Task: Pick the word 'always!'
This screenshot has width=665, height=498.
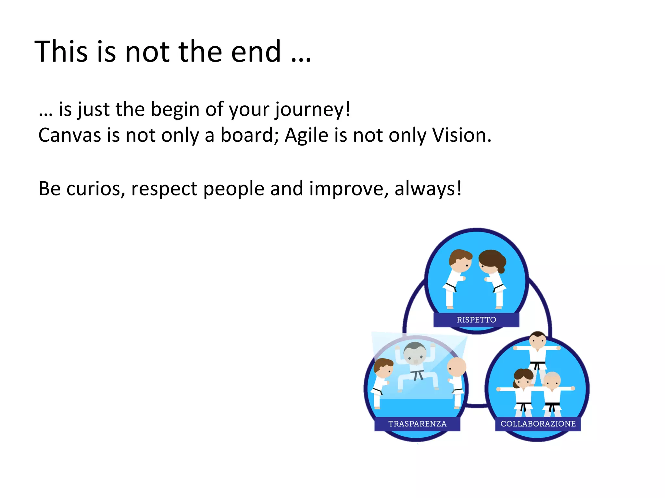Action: tap(428, 189)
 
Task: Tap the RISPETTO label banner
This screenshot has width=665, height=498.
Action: tap(476, 320)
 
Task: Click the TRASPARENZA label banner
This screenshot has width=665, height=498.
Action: tap(417, 424)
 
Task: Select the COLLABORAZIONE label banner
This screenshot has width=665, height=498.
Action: tap(538, 424)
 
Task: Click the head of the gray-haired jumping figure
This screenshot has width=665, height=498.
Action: tap(415, 353)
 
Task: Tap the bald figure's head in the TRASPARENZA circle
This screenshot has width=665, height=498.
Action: tap(457, 367)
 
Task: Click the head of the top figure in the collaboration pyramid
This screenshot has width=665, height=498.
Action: tap(538, 340)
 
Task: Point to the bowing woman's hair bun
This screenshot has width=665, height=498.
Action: tap(501, 269)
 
